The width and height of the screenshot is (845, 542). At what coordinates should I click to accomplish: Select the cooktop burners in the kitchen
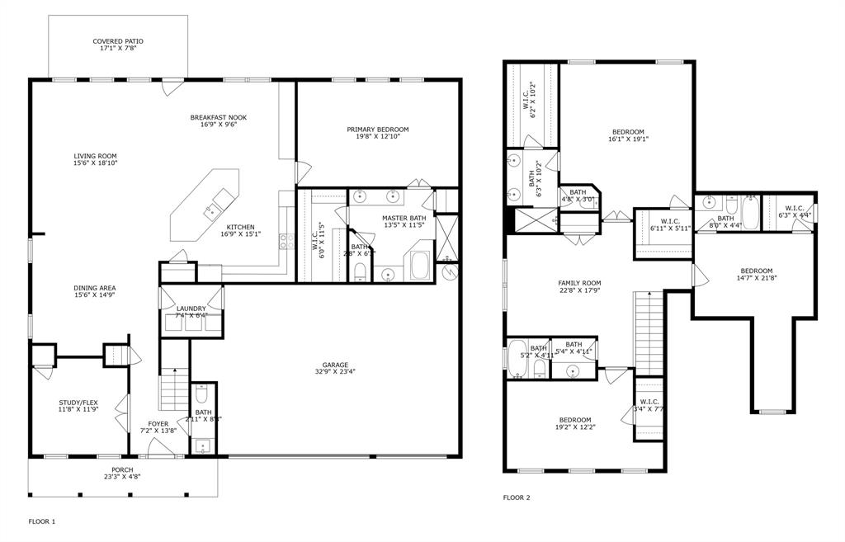pyautogui.click(x=286, y=241)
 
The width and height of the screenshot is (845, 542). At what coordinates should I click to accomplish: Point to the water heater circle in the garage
pyautogui.click(x=449, y=271)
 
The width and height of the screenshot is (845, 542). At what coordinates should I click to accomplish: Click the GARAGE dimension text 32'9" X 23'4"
pyautogui.click(x=335, y=372)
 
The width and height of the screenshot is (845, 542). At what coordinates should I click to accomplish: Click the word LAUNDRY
pyautogui.click(x=191, y=309)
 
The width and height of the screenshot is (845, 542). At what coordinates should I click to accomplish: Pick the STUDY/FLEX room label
pyautogui.click(x=78, y=403)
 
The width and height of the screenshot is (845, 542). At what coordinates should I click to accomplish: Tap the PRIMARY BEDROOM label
pyautogui.click(x=377, y=130)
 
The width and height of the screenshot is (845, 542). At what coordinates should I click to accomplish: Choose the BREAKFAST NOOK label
pyautogui.click(x=219, y=117)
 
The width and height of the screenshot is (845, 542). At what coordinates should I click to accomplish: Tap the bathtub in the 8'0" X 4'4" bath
pyautogui.click(x=750, y=214)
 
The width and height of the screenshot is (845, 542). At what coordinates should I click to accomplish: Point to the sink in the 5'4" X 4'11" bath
pyautogui.click(x=574, y=370)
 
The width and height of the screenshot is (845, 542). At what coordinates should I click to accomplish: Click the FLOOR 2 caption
pyautogui.click(x=517, y=497)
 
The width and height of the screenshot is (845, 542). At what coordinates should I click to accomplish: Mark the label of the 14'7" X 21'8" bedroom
pyautogui.click(x=756, y=271)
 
